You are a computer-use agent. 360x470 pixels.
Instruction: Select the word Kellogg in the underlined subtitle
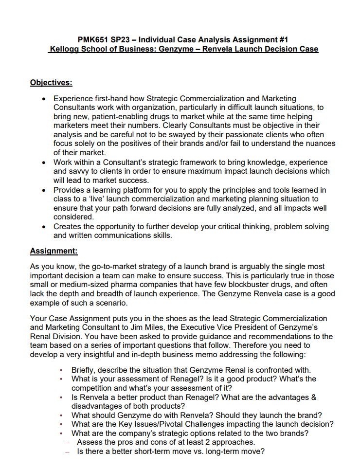tap(66, 49)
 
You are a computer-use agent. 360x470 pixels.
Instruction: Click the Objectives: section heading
tap(51, 82)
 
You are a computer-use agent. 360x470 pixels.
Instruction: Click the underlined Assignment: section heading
tap(54, 251)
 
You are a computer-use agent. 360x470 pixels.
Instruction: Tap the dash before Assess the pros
tap(67, 442)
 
